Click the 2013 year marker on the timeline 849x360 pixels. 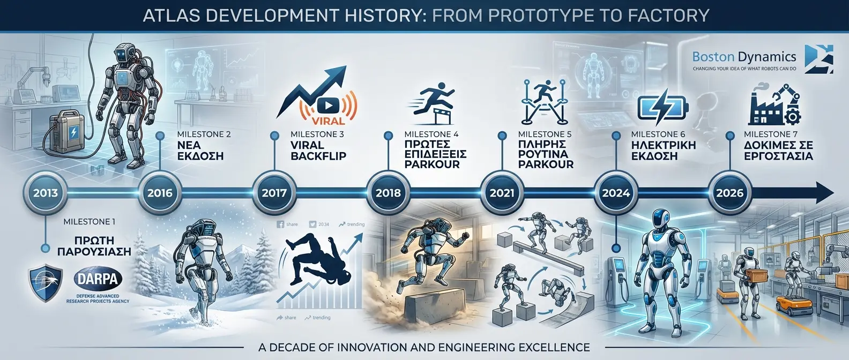45,193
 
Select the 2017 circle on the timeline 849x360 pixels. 274,193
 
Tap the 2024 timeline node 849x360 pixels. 616,193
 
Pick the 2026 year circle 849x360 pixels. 729,193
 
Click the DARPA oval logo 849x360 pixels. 98,279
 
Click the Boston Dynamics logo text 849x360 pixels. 744,57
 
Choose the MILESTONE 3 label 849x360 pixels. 317,134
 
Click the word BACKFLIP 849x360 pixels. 318,156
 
